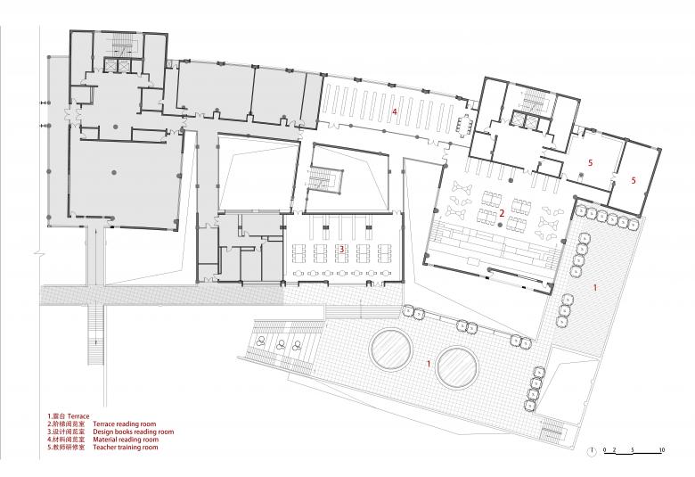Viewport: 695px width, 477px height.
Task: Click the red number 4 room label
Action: (x=394, y=111)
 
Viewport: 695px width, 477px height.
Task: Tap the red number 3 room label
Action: (x=342, y=250)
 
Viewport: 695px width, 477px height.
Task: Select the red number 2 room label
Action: (x=502, y=213)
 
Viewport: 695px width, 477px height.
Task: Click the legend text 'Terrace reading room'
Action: (x=125, y=424)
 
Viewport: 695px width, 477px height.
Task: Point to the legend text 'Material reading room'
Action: (x=126, y=440)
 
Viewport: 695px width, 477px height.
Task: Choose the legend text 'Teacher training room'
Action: (x=126, y=448)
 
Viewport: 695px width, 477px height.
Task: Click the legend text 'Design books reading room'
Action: (x=134, y=432)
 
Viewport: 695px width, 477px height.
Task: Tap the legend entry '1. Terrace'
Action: (x=69, y=416)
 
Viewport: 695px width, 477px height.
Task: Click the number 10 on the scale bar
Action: (x=662, y=450)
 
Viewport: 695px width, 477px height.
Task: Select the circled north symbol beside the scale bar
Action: (x=592, y=451)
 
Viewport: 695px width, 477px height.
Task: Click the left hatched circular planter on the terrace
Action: (x=391, y=350)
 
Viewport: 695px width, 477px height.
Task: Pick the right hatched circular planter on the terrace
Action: (x=457, y=367)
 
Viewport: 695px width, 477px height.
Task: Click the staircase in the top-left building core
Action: (x=122, y=45)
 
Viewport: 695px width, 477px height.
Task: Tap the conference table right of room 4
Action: (x=464, y=126)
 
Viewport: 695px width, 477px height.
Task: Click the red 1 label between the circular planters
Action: (x=429, y=364)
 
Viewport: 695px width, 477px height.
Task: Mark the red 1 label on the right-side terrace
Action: (x=595, y=287)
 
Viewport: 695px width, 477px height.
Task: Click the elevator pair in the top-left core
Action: (x=117, y=65)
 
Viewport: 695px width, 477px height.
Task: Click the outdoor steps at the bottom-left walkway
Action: (x=95, y=335)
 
